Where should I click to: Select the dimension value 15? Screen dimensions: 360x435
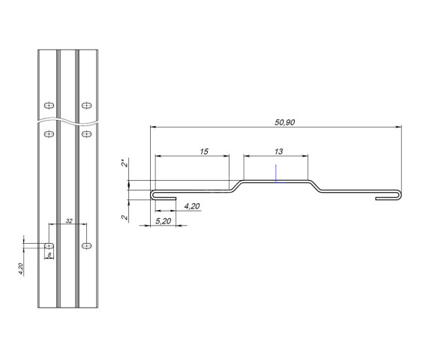[x=203, y=151]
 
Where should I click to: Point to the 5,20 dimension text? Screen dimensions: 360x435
[x=163, y=222]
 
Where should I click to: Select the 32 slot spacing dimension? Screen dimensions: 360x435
[x=69, y=220]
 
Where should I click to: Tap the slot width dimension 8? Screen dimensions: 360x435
[x=49, y=255]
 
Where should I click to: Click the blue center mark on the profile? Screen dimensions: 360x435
[x=276, y=172]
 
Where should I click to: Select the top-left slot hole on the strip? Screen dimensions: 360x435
[x=49, y=104]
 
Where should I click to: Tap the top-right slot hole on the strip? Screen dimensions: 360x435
[x=87, y=104]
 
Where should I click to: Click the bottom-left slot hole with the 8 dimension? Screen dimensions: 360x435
[x=49, y=245]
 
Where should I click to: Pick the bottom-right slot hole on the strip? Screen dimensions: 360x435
[x=87, y=245]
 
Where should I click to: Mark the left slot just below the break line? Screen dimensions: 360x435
[x=49, y=134]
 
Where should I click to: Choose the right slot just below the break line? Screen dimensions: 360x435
[x=87, y=134]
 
